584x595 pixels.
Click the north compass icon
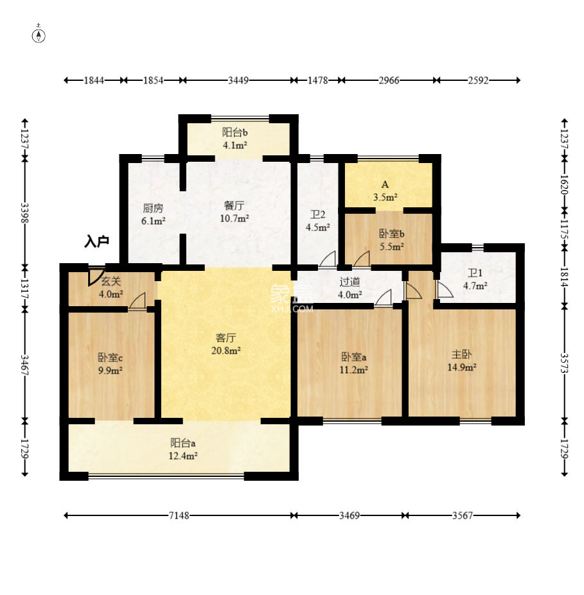(x=39, y=35)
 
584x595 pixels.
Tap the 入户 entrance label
(x=97, y=241)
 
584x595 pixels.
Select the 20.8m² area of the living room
(x=226, y=350)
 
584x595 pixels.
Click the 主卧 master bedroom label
(x=462, y=354)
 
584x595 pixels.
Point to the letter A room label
(x=385, y=184)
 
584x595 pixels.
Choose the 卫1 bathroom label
(x=475, y=273)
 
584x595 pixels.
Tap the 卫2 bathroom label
(x=318, y=215)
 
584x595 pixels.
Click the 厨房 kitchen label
(x=153, y=208)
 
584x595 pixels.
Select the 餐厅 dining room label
(x=234, y=205)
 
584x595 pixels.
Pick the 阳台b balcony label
(x=235, y=132)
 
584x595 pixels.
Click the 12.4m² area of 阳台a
(x=183, y=456)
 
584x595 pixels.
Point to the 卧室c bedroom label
(x=110, y=358)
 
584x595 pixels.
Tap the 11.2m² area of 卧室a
(x=353, y=370)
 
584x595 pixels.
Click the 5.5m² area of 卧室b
(x=392, y=246)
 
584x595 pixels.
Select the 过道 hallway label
(x=350, y=282)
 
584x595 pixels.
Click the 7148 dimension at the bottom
(x=179, y=515)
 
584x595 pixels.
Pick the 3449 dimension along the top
(x=238, y=80)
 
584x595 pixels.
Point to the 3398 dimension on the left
(x=24, y=213)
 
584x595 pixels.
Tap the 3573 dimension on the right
(x=565, y=363)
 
